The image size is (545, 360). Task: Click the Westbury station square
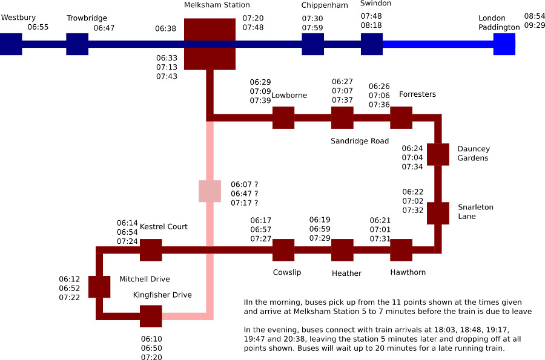[10, 44]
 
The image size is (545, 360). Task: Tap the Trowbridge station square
[77, 44]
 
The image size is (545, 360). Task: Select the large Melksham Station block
[210, 44]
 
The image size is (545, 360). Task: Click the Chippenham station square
[312, 44]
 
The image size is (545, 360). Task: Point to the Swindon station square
[372, 44]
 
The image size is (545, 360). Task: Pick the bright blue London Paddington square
[504, 44]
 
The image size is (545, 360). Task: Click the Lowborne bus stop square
[283, 117]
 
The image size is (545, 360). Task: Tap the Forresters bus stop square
[401, 117]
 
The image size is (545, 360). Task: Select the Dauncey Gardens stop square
[438, 154]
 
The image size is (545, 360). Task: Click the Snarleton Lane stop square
[438, 213]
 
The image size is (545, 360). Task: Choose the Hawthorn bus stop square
[401, 250]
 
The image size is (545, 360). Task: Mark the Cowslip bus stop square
[283, 250]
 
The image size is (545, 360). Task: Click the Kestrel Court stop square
[151, 250]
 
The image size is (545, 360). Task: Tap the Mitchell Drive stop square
[99, 287]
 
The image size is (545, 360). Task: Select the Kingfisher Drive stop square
[151, 316]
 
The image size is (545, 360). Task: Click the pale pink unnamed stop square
[210, 191]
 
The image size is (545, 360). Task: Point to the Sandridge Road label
[360, 141]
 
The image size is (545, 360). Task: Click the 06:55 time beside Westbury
[38, 27]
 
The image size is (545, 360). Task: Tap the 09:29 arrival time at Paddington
[534, 25]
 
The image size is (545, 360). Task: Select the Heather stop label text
[346, 273]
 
